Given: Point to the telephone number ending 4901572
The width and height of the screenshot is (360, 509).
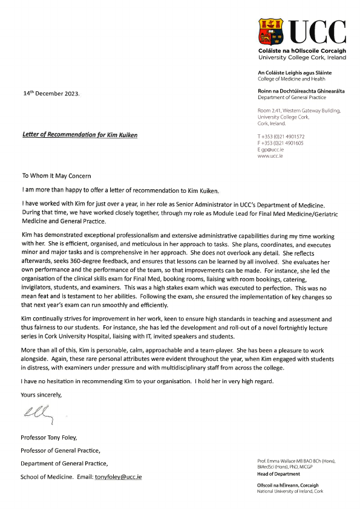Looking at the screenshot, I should click(281, 136).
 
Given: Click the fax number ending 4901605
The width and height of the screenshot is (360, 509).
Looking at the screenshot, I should click(281, 143).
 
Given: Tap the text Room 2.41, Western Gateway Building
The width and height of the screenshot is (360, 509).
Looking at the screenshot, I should click(299, 110).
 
